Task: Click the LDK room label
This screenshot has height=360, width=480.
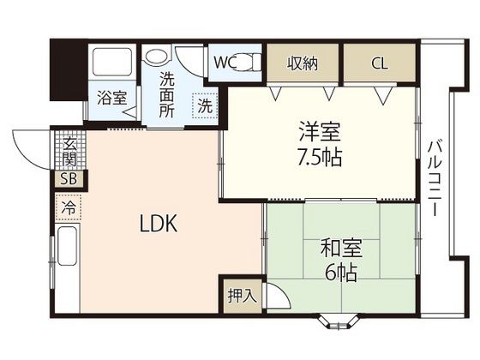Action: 159,225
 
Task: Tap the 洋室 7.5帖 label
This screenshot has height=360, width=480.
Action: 320,145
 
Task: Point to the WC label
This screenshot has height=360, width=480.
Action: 225,63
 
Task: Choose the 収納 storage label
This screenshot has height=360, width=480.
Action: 303,63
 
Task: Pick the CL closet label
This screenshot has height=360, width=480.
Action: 378,63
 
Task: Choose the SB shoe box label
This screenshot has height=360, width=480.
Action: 67,179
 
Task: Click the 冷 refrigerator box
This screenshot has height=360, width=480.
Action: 68,207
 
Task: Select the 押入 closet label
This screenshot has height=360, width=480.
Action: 241,296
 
